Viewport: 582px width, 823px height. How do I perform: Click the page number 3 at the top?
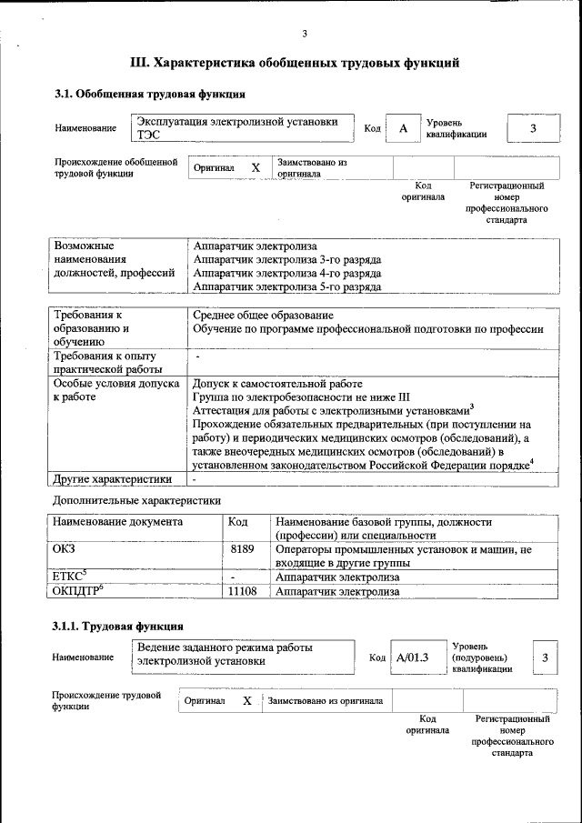click(305, 35)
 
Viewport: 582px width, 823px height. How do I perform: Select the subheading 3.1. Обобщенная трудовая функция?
click(149, 94)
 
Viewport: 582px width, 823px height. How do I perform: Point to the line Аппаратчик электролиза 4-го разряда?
click(287, 273)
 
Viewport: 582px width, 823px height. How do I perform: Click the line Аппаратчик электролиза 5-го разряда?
click(287, 286)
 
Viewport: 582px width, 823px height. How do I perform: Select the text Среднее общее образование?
click(263, 315)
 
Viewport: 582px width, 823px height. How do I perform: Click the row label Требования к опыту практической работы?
click(106, 362)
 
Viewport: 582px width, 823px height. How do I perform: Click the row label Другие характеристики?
click(112, 478)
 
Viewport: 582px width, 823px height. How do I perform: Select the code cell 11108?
click(242, 591)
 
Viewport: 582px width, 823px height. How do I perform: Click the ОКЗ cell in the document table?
click(65, 550)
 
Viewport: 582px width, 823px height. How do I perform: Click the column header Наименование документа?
click(117, 523)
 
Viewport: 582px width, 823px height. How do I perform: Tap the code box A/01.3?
click(412, 657)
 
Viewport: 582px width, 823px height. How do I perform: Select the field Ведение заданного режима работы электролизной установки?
click(242, 655)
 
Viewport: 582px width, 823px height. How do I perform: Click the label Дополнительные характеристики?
click(136, 500)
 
